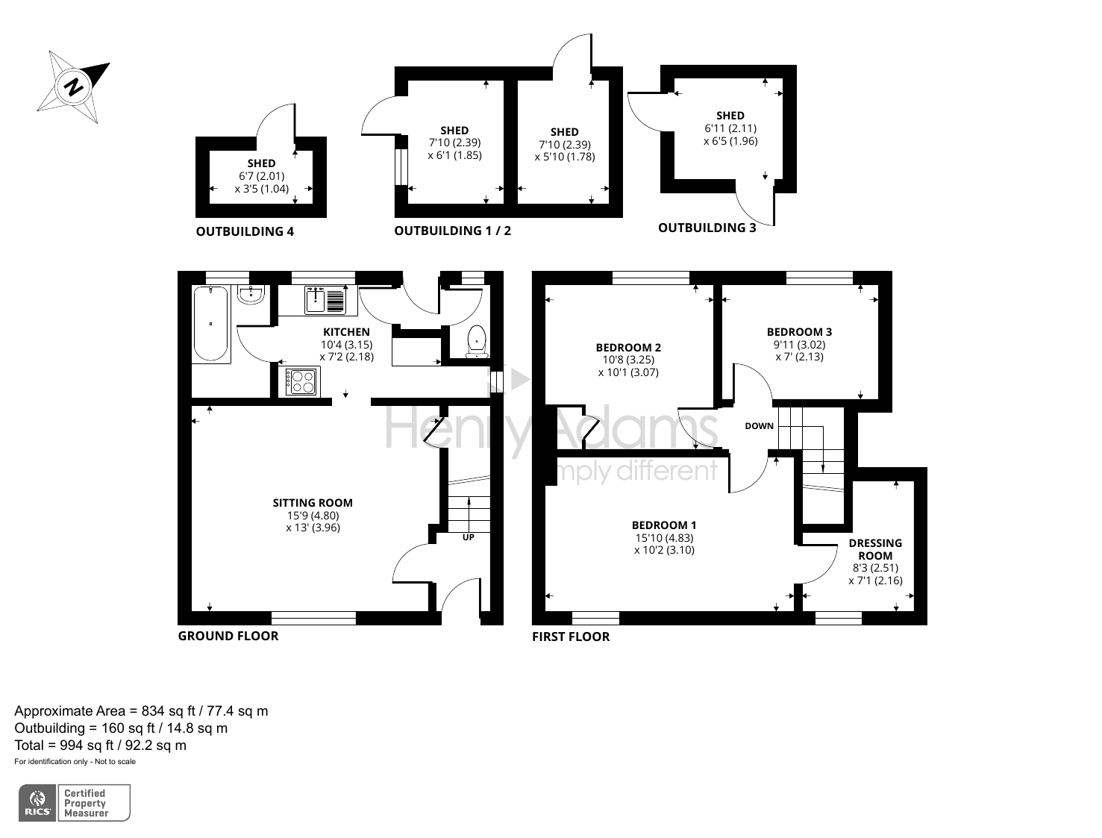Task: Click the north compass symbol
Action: pyautogui.click(x=73, y=87)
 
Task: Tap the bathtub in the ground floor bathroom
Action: pyautogui.click(x=210, y=324)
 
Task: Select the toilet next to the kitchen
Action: pyautogui.click(x=476, y=341)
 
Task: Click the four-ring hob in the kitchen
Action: pyautogui.click(x=301, y=382)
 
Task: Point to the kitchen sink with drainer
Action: pyautogui.click(x=325, y=300)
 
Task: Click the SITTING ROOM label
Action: pyautogui.click(x=313, y=503)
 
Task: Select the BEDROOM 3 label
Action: pyautogui.click(x=799, y=332)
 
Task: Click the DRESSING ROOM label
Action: pyautogui.click(x=875, y=549)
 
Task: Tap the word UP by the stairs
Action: pyautogui.click(x=469, y=537)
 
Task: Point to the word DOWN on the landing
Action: pyautogui.click(x=759, y=426)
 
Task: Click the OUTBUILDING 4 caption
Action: pyautogui.click(x=245, y=231)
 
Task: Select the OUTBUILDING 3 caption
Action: pyautogui.click(x=707, y=228)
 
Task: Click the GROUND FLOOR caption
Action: pyautogui.click(x=228, y=636)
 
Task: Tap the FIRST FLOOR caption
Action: pyautogui.click(x=571, y=637)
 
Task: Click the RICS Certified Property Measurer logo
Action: pyautogui.click(x=74, y=803)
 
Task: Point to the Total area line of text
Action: pyautogui.click(x=101, y=745)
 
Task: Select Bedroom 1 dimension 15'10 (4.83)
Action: pyautogui.click(x=664, y=538)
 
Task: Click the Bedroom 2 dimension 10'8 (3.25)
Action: pyautogui.click(x=628, y=360)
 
